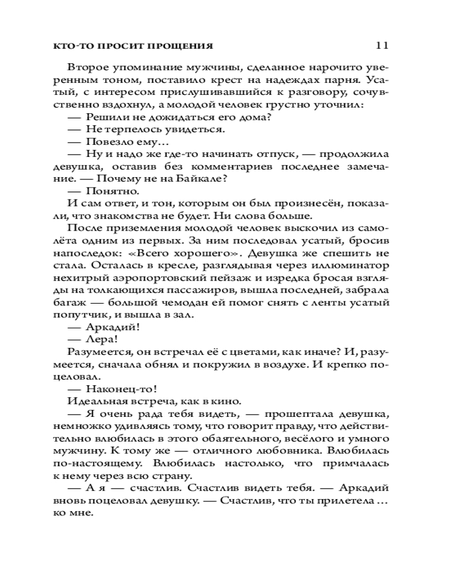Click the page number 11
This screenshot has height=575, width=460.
click(383, 45)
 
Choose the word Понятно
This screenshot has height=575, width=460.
click(107, 191)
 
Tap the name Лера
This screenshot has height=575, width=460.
click(97, 339)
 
